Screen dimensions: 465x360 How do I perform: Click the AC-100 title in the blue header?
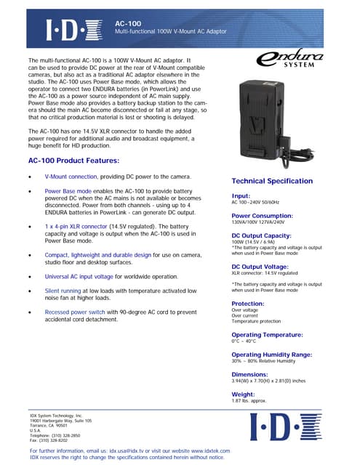tap(129, 23)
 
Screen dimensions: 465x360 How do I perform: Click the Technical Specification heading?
tap(272, 181)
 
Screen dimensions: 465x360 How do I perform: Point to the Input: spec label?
tap(241, 195)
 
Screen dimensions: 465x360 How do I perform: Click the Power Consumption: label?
tap(262, 216)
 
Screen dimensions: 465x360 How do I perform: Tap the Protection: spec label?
tap(247, 303)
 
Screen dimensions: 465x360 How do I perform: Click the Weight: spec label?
tap(242, 394)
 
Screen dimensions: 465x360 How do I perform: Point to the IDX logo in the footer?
tap(291, 429)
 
